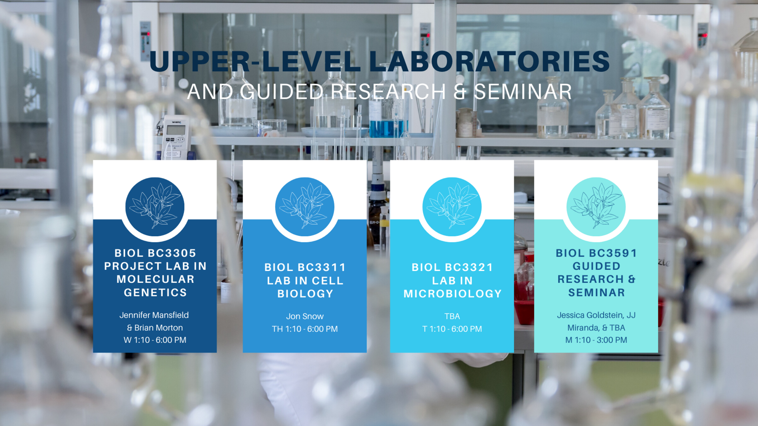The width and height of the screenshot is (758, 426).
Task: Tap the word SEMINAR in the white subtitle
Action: (523, 91)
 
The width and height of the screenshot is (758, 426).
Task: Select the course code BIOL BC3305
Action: (155, 253)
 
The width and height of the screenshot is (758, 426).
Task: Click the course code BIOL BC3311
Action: (305, 267)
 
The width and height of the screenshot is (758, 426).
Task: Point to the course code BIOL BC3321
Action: (452, 267)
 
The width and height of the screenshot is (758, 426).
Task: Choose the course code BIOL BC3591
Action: (596, 253)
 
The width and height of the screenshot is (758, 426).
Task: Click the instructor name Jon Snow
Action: (305, 316)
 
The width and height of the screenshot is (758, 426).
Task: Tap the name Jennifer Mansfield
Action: (154, 315)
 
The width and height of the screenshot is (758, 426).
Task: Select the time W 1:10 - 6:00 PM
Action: (155, 340)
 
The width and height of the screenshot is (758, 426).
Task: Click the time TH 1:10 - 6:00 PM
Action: (305, 329)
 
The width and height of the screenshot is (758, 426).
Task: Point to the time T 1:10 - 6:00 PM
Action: (452, 329)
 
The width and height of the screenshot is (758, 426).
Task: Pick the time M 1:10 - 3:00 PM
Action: (596, 340)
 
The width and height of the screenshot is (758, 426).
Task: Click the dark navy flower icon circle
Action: (155, 207)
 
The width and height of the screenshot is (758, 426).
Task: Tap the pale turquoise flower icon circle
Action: (596, 207)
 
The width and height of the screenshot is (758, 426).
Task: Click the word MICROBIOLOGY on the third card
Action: (452, 293)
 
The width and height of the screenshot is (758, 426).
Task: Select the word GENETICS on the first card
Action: (155, 292)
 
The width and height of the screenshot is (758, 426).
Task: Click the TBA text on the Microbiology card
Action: (452, 316)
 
